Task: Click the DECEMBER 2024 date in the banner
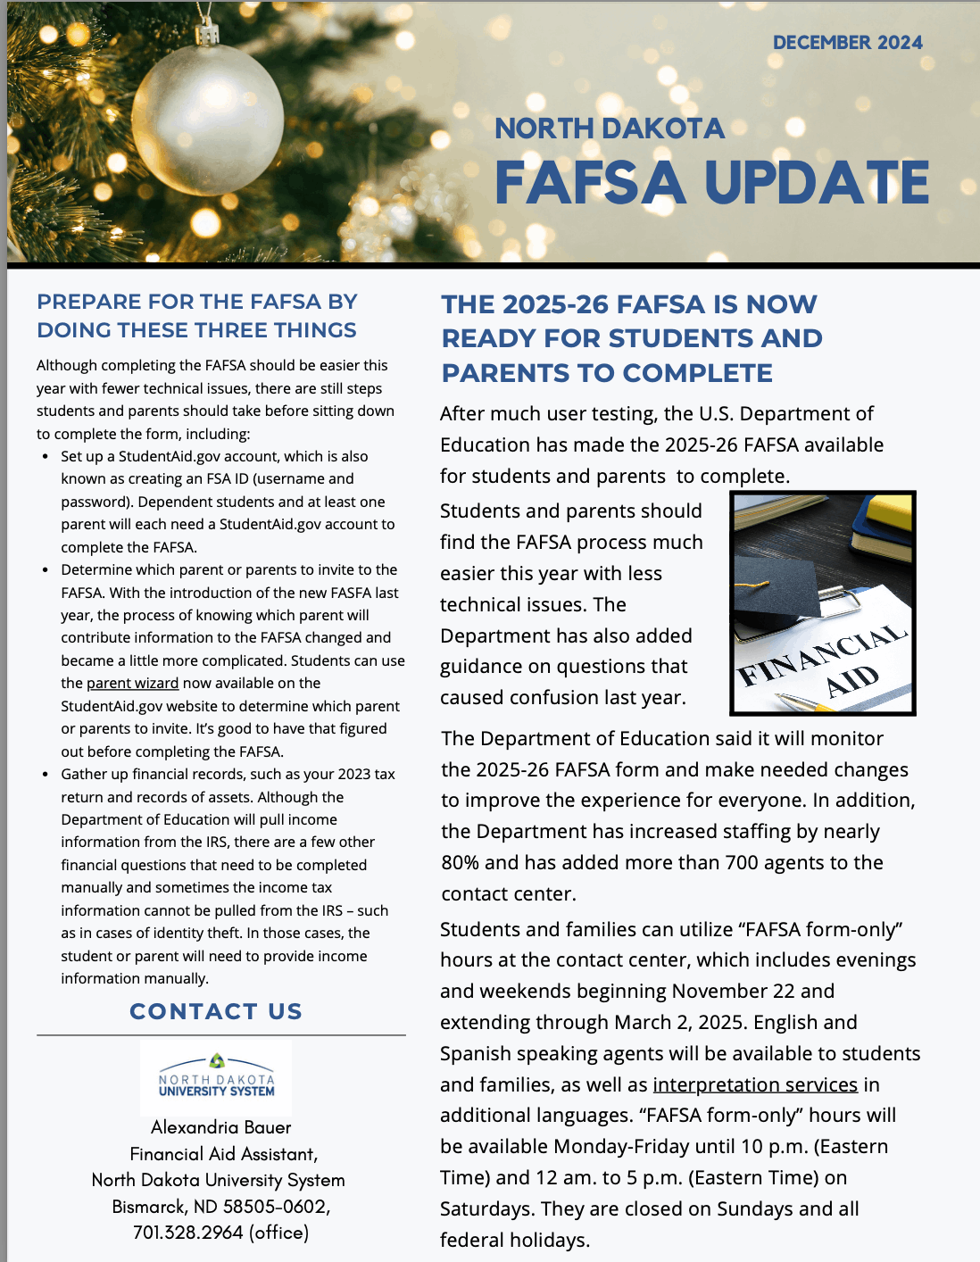coord(847,43)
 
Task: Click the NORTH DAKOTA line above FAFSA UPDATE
coord(609,129)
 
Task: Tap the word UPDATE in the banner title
coord(817,183)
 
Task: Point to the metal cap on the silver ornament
coord(208,35)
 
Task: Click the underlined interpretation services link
coord(755,1084)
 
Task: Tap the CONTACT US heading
coord(216,1011)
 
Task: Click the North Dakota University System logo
coord(216,1076)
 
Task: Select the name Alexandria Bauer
coord(220,1127)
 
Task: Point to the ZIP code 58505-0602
coord(276,1207)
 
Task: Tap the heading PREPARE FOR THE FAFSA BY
coord(196,302)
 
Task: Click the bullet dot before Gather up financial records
coord(46,775)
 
